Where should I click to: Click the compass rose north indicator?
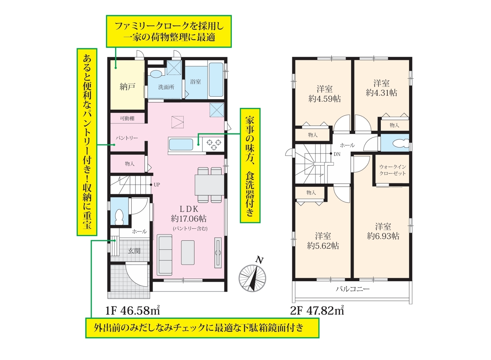(252, 278)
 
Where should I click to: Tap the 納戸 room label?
(127, 87)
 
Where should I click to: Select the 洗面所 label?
(166, 87)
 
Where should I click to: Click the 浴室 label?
(195, 82)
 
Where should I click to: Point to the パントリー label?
(127, 138)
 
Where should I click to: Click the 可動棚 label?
(127, 119)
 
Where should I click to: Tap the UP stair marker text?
(157, 185)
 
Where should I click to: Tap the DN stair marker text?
(337, 154)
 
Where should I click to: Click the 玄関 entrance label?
(134, 251)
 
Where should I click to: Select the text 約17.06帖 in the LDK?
(189, 219)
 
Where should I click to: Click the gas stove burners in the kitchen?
(214, 144)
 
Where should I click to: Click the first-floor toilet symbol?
(119, 216)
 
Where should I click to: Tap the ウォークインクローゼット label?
(392, 170)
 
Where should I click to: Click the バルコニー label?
(353, 289)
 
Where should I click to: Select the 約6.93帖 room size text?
(383, 236)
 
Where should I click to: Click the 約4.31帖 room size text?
(382, 93)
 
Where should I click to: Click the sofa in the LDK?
(165, 255)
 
